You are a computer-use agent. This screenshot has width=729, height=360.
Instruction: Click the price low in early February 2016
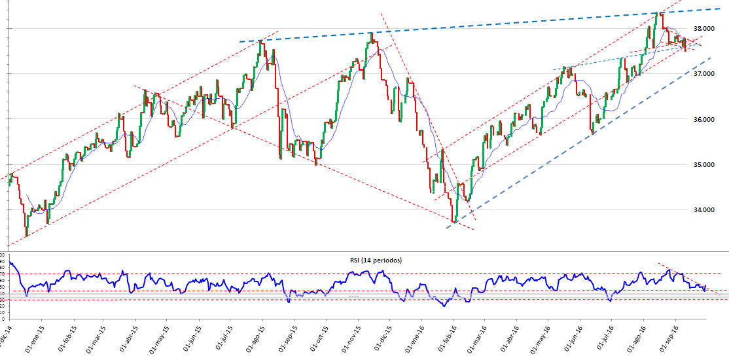point(453,221)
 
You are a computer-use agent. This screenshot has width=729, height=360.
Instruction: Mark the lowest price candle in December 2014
point(26,236)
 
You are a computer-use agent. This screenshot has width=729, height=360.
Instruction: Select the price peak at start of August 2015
point(260,41)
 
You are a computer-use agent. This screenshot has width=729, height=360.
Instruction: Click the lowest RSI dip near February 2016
point(445,306)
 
